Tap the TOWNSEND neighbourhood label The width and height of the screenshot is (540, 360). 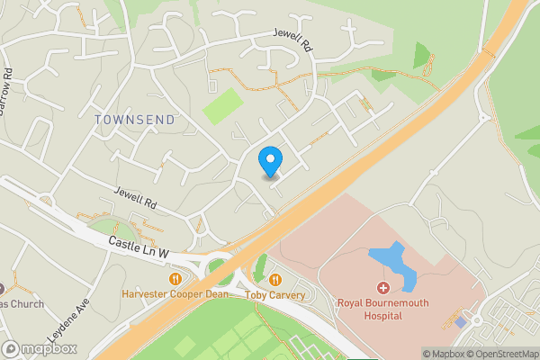[x=135, y=119]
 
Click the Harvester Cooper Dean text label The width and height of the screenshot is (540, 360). [x=174, y=294]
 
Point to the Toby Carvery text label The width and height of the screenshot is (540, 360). [x=275, y=294]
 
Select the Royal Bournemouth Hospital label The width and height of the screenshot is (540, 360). [x=382, y=310]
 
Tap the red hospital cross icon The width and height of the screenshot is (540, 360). [x=383, y=289]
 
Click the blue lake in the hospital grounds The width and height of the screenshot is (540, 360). [x=395, y=265]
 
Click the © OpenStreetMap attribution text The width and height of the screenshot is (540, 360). [x=506, y=354]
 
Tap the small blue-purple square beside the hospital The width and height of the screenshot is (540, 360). [x=461, y=321]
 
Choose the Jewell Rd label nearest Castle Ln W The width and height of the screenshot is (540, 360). [x=136, y=198]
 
